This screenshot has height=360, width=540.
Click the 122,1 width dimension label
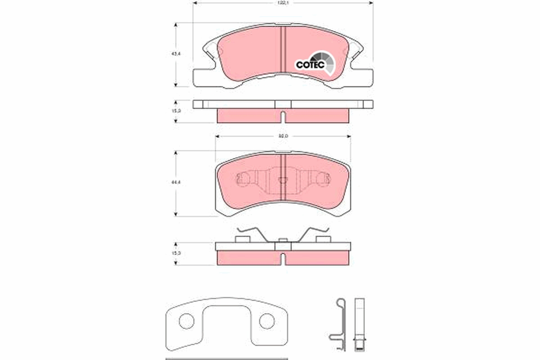[283, 3]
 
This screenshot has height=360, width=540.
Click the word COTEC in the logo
[310, 65]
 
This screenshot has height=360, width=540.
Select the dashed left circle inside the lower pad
[243, 180]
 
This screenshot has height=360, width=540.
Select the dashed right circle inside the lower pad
[322, 180]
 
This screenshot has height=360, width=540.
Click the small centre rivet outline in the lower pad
[283, 180]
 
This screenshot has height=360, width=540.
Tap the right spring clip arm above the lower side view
[312, 234]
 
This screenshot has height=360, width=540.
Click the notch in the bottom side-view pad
[283, 260]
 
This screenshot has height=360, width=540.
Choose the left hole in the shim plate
[186, 321]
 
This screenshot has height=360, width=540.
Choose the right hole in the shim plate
[266, 321]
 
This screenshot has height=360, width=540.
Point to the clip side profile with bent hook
[340, 322]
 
